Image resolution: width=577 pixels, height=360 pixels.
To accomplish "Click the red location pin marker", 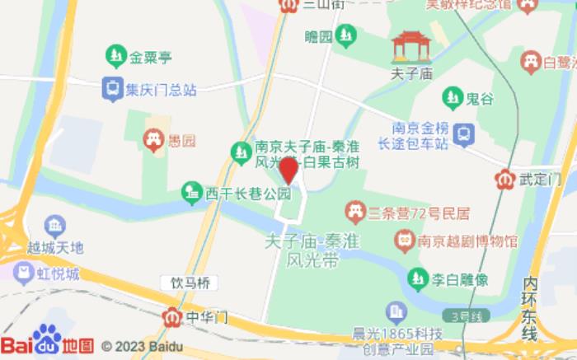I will click(288, 171).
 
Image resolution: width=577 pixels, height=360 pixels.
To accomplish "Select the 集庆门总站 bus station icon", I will click(110, 87).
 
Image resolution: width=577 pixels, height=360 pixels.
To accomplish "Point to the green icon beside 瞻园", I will click(348, 35).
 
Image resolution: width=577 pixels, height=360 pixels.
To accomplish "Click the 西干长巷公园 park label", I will click(248, 194).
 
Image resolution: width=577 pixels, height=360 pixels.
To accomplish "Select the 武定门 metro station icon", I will click(505, 178).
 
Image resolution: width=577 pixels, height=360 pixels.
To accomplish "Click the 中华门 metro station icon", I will click(171, 316).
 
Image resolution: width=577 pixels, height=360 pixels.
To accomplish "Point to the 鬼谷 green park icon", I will click(451, 98).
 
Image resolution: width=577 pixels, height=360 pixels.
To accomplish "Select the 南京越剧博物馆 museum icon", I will click(404, 241).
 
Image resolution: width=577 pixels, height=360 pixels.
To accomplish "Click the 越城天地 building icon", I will click(55, 224).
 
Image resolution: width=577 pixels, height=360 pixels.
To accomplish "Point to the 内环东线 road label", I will click(530, 309).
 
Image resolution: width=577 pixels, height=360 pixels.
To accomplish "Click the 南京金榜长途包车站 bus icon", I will click(464, 131).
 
